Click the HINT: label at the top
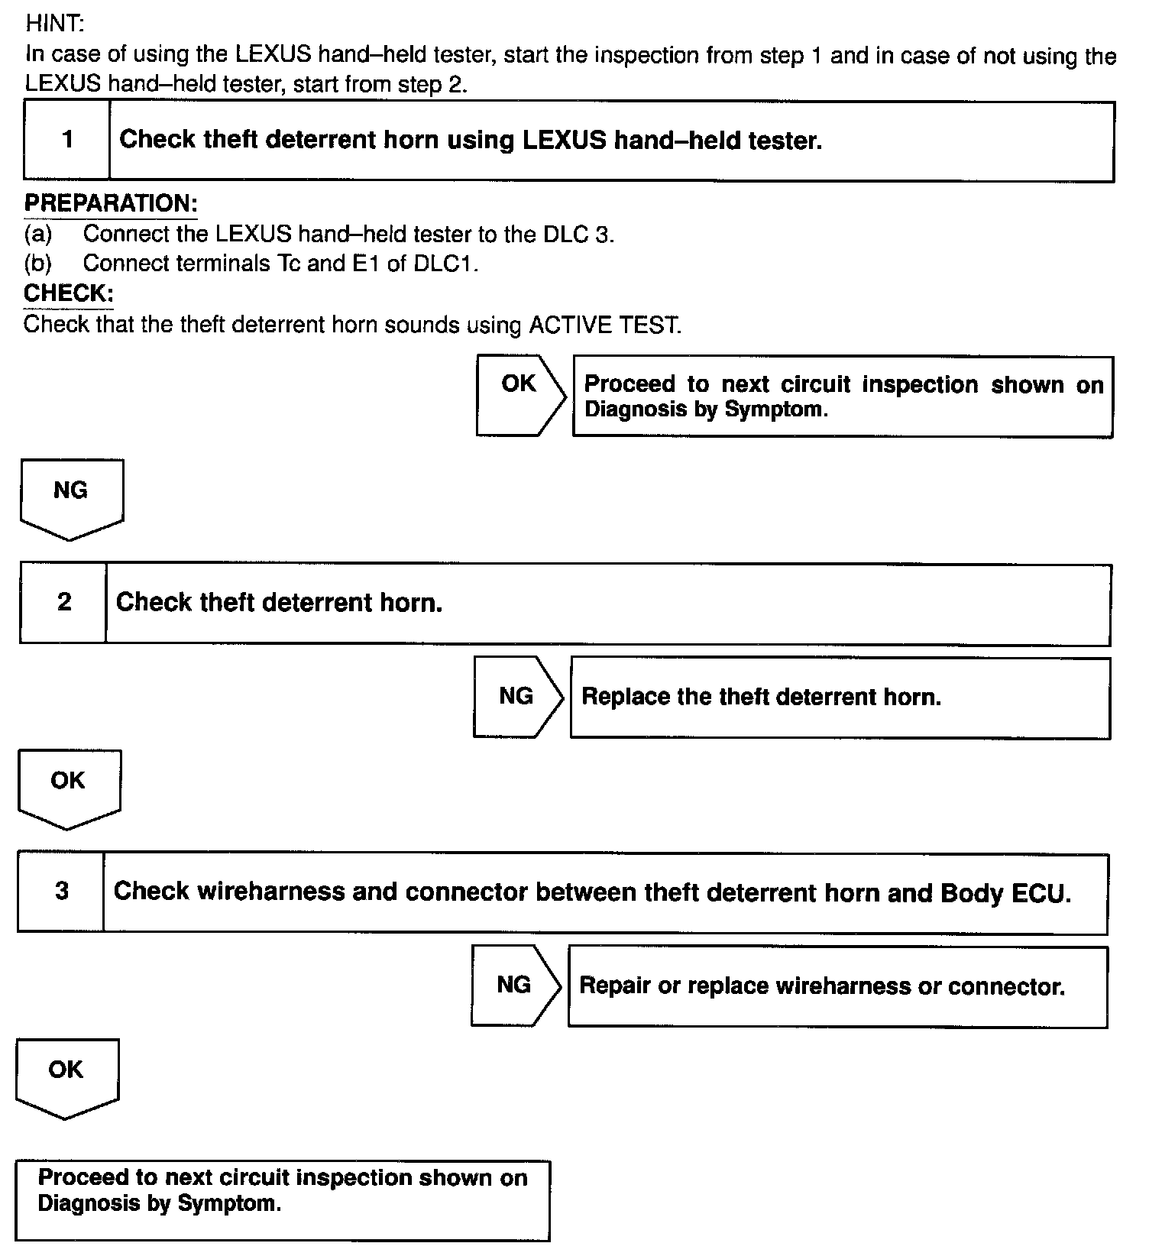pyautogui.click(x=54, y=23)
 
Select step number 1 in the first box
pyautogui.click(x=68, y=140)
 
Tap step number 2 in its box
pyautogui.click(x=64, y=602)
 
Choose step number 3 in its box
pyautogui.click(x=62, y=891)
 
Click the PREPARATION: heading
pyautogui.click(x=111, y=203)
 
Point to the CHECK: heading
pyautogui.click(x=69, y=293)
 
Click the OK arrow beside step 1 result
pyautogui.click(x=519, y=394)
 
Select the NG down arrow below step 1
pyautogui.click(x=71, y=497)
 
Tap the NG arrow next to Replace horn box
pyautogui.click(x=516, y=696)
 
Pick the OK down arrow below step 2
pyautogui.click(x=69, y=787)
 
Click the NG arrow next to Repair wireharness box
pyautogui.click(x=514, y=985)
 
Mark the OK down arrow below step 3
pyautogui.click(x=66, y=1076)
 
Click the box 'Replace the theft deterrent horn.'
pyautogui.click(x=840, y=698)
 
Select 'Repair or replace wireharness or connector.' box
pyautogui.click(x=837, y=986)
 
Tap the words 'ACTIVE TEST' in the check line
pyautogui.click(x=604, y=325)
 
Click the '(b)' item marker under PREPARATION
pyautogui.click(x=38, y=264)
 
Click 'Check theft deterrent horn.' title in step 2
pyautogui.click(x=279, y=603)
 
